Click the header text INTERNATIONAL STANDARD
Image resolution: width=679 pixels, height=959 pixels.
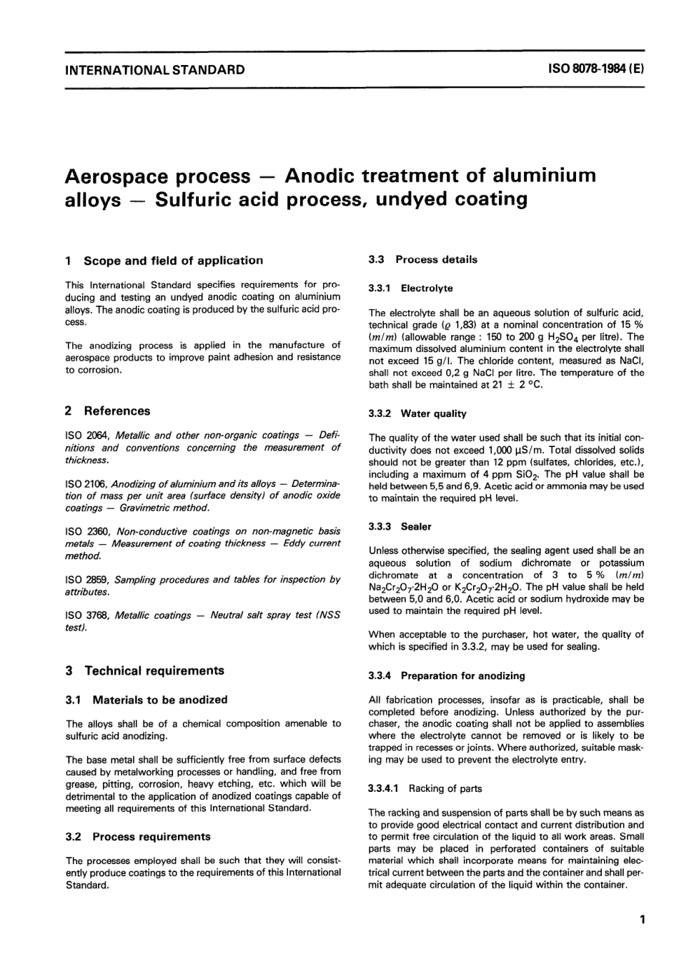(x=154, y=70)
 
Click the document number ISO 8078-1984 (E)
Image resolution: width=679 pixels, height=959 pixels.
(x=596, y=70)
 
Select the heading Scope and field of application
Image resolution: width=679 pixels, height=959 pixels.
(x=173, y=261)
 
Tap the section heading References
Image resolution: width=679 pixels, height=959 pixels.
(x=117, y=411)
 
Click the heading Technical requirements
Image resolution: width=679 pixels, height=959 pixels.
(x=154, y=671)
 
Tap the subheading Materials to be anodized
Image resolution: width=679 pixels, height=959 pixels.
(x=160, y=700)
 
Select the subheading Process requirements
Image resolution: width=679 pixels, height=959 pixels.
(x=152, y=836)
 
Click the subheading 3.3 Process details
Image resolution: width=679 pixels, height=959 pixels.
(x=422, y=260)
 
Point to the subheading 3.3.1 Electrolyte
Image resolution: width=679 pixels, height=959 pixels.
(x=410, y=288)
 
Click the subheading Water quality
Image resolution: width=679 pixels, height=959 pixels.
(x=433, y=413)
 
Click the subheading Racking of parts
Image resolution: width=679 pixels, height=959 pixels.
(x=445, y=788)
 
